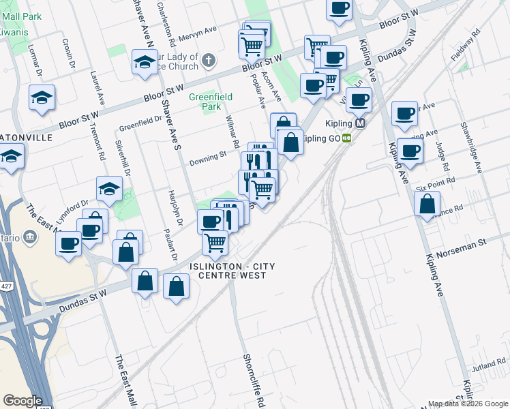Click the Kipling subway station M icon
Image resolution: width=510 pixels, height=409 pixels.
[361, 123]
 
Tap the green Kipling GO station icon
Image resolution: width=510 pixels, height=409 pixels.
[347, 138]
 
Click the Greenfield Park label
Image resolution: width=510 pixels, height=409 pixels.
[205, 102]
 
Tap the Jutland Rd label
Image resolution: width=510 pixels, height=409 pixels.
[487, 367]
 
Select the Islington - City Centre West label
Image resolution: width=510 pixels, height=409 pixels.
[228, 270]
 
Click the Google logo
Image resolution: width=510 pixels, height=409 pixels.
[22, 401]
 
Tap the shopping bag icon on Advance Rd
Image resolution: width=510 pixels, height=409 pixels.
[427, 204]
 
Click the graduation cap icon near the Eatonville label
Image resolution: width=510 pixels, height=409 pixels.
[12, 160]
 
